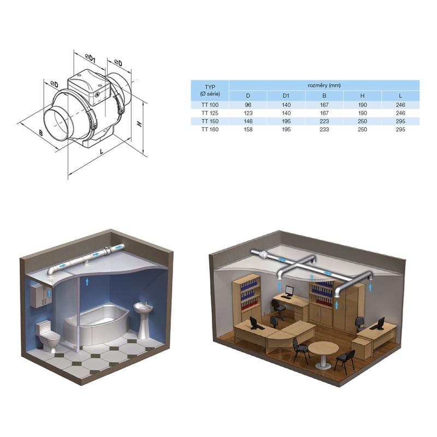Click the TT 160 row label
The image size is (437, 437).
(210, 129)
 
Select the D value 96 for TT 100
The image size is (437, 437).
(248, 105)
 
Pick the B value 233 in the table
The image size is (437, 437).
(324, 129)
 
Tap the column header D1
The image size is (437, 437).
(286, 96)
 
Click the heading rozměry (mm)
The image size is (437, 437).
(324, 85)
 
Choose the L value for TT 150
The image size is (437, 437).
(400, 121)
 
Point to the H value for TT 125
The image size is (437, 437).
(362, 113)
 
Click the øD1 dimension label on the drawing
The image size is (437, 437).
(90, 58)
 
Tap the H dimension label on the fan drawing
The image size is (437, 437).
(140, 124)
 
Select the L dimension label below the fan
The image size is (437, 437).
(102, 152)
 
